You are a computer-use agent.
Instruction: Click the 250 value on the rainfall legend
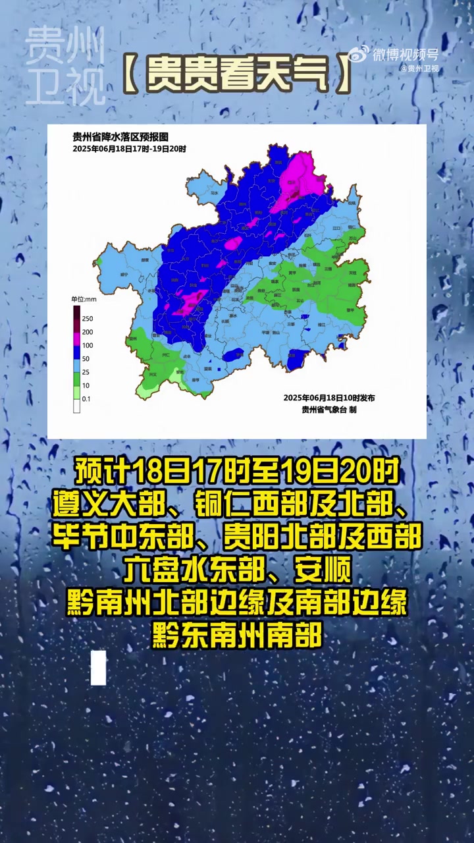[x=88, y=319]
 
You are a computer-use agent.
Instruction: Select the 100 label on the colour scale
[x=88, y=345]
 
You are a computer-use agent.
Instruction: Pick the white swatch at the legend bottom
[x=76, y=406]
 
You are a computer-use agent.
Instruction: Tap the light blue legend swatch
[x=76, y=366]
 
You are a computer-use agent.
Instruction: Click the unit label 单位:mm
[x=84, y=299]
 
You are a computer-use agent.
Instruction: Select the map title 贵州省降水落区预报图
[x=120, y=137]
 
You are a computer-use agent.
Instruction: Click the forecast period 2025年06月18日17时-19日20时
[x=129, y=149]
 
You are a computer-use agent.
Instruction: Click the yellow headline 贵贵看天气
[x=237, y=74]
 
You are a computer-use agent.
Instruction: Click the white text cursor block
[x=99, y=667]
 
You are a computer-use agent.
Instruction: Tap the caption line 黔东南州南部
[x=237, y=636]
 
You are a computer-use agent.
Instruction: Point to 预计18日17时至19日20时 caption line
[x=237, y=472]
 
